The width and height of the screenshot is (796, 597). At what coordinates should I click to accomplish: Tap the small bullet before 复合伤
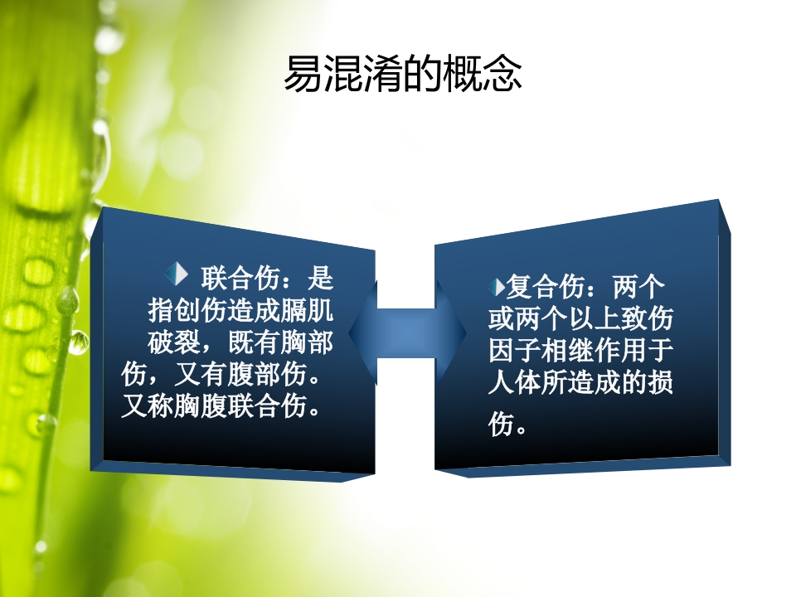click(498, 288)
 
